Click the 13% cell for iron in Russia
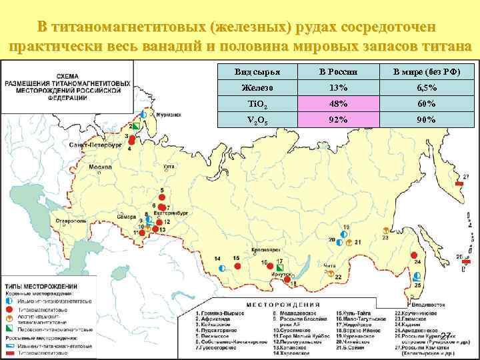[338, 88]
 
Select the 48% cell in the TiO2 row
[338, 104]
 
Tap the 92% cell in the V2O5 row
[338, 120]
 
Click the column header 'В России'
[338, 72]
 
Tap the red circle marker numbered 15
[237, 266]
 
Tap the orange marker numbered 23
[385, 237]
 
